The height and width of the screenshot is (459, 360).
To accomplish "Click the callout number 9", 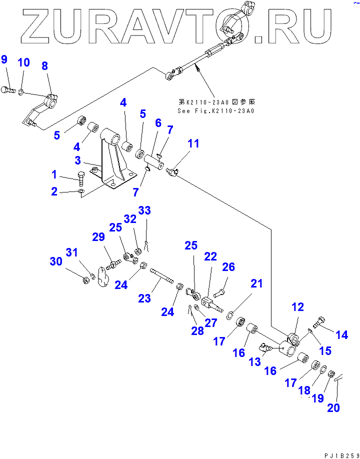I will [x=4, y=60].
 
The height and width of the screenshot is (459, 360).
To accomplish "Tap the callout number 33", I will [x=144, y=211].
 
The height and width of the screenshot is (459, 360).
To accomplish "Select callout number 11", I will [x=193, y=144].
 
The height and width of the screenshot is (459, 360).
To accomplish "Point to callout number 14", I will [x=341, y=335].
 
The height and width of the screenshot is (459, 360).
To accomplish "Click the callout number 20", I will [x=333, y=408].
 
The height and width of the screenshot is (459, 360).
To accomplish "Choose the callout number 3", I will [x=78, y=160].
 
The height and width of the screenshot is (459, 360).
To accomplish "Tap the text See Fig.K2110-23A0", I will [x=215, y=110].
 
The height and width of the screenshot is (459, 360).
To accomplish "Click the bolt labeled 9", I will [x=9, y=90].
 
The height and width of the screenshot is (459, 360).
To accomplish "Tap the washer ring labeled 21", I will [x=231, y=314].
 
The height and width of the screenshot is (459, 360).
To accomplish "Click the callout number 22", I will [x=210, y=257].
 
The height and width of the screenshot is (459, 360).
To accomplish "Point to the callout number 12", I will [x=298, y=307].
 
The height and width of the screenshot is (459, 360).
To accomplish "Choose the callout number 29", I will [x=98, y=238].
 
